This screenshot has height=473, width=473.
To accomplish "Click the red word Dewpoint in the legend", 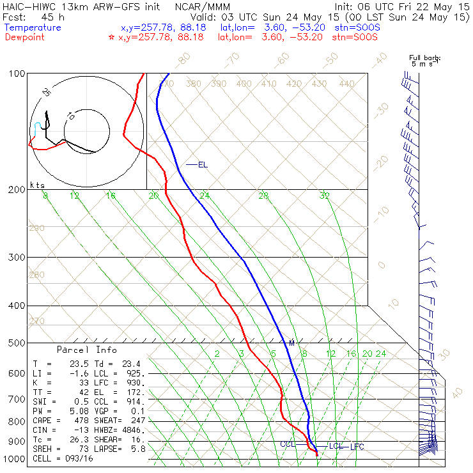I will point(27,37).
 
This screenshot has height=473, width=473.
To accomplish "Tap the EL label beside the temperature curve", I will point(203,165).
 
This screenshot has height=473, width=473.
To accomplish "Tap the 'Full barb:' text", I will point(425,59).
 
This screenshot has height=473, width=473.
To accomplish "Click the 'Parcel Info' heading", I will point(87,350).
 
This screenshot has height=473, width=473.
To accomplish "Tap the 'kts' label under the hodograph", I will point(37,184).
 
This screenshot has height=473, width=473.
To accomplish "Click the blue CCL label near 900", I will point(288,444).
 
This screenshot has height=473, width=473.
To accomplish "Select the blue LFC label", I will point(357,446).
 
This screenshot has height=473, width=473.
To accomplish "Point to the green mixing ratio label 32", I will point(325,196).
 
